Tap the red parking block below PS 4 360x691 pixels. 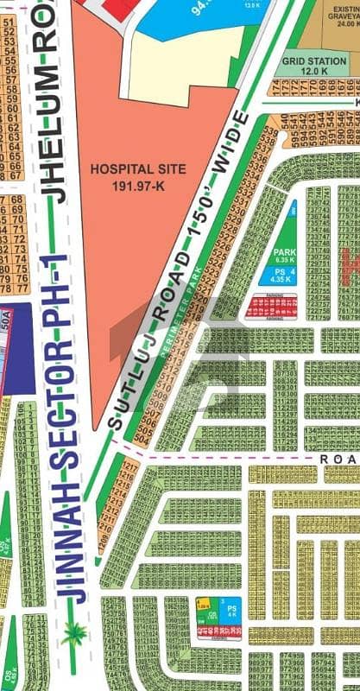pos(272,307)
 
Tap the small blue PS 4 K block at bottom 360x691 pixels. pos(231,611)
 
